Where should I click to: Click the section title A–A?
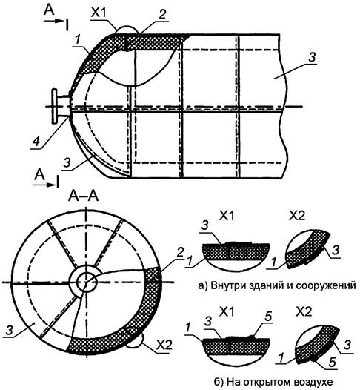(x=84, y=196)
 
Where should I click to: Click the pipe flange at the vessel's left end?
(x=55, y=107)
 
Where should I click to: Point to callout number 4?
(x=36, y=142)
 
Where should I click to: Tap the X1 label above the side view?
(x=99, y=13)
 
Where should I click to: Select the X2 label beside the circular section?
(x=164, y=345)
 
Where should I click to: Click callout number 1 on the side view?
(x=78, y=41)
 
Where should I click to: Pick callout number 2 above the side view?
(x=162, y=14)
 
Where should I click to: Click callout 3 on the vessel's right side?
(x=312, y=57)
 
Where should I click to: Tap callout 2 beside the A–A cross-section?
(x=180, y=253)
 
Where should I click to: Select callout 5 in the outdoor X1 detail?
(x=268, y=317)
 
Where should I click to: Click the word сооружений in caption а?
(x=326, y=285)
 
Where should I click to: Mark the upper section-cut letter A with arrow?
(x=49, y=10)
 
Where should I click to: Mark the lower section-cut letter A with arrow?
(x=40, y=175)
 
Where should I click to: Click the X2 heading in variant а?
(x=297, y=217)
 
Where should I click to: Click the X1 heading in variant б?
(x=227, y=311)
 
